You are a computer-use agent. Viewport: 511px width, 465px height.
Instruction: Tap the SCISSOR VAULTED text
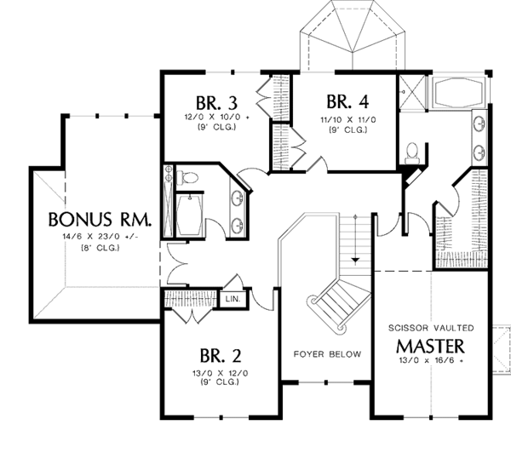point(430,328)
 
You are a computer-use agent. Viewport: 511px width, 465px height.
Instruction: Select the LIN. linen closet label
point(232,299)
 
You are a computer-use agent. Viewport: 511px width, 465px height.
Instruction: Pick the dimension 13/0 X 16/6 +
point(430,361)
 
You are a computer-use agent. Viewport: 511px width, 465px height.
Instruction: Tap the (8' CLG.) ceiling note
point(94,248)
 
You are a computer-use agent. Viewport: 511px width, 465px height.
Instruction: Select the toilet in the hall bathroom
point(190,177)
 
